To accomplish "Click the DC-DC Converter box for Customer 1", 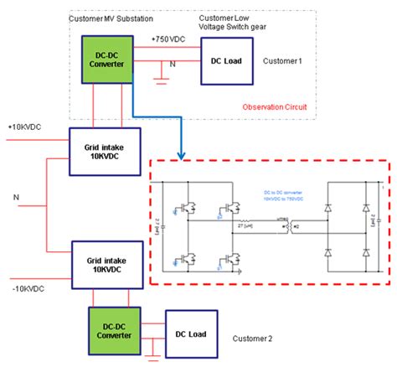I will [x=106, y=60].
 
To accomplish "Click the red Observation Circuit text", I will [x=275, y=106].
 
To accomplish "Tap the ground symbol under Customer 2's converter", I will [x=152, y=359].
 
